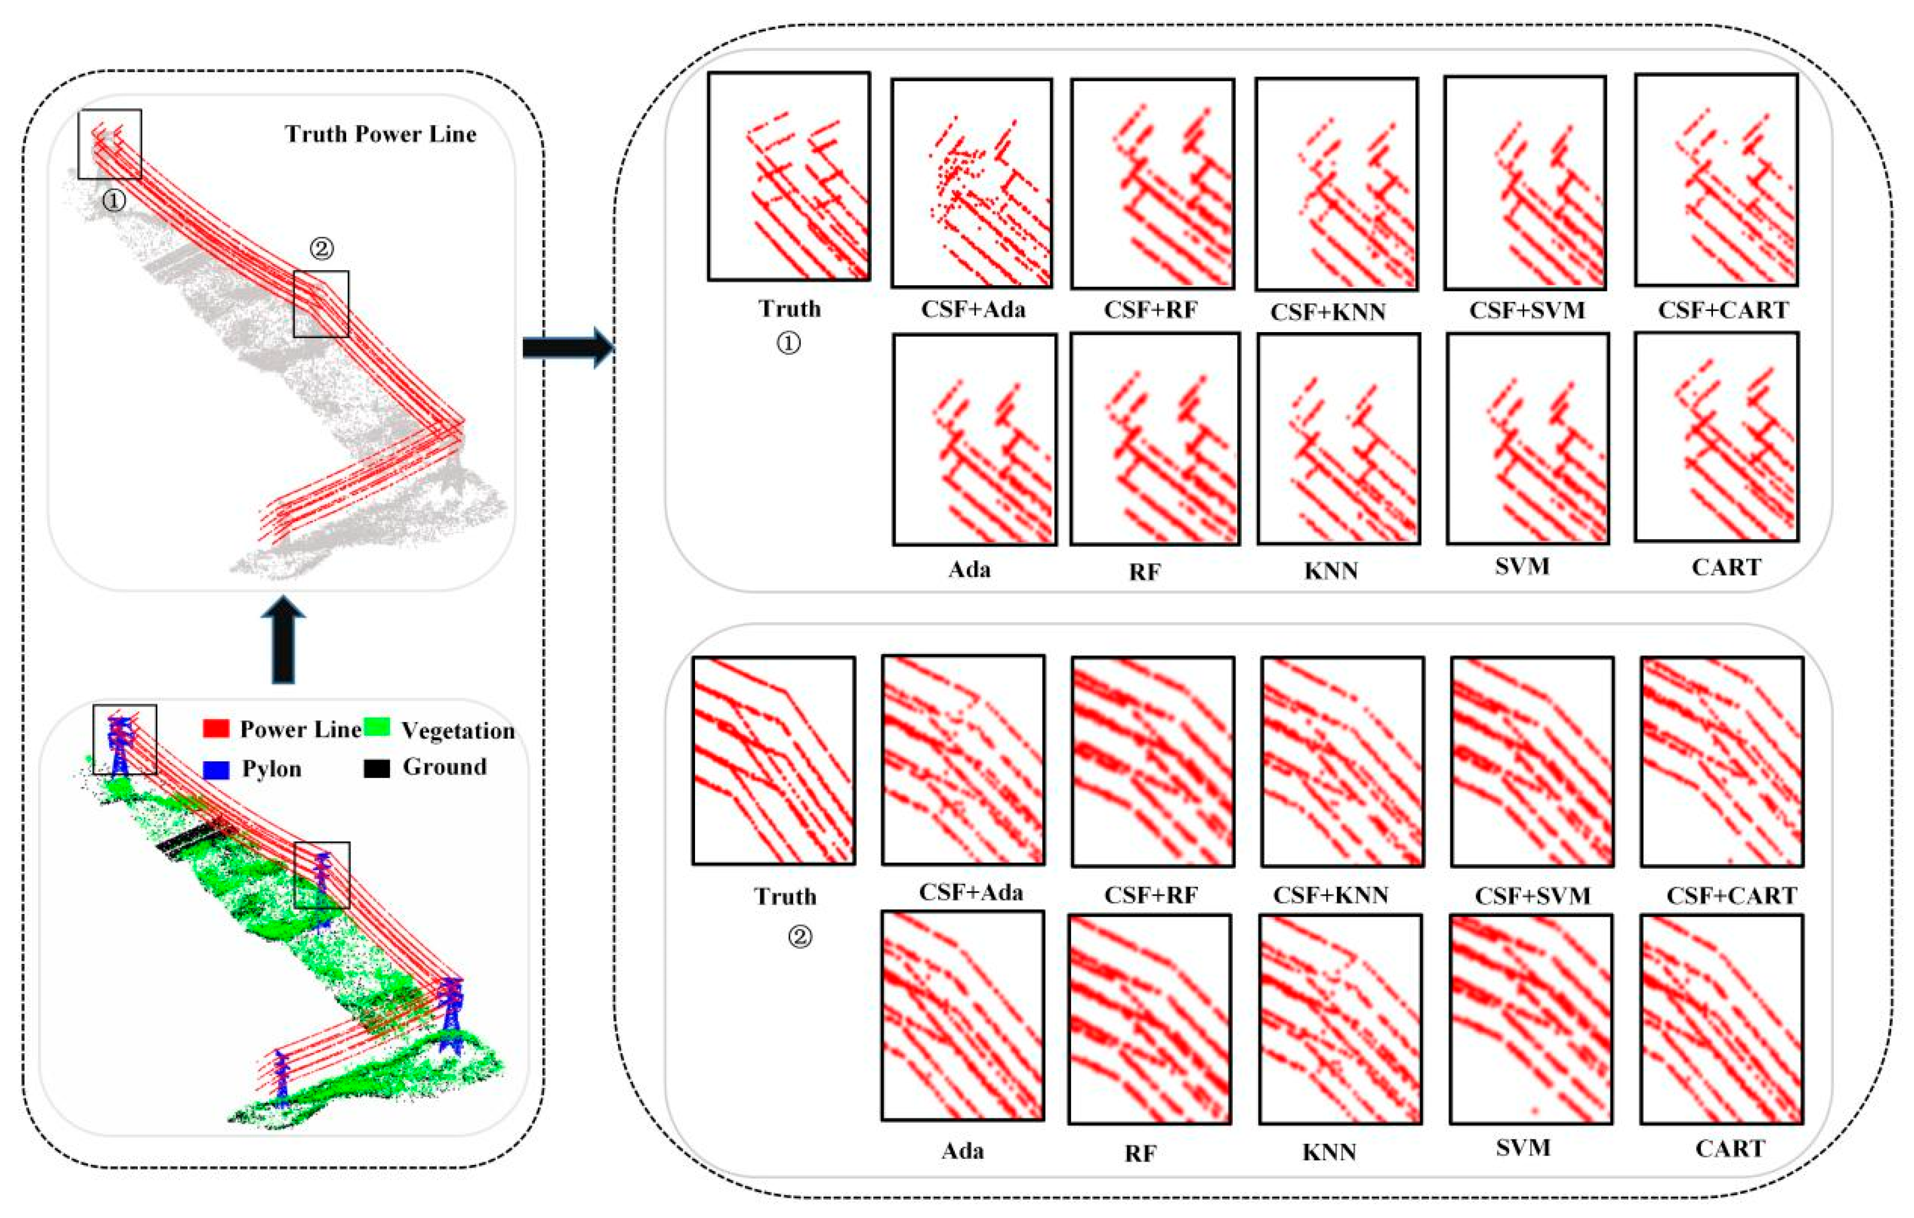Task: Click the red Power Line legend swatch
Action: (216, 729)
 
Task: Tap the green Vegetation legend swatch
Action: (377, 727)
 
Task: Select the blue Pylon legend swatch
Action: (216, 769)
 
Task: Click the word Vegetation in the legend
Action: (458, 730)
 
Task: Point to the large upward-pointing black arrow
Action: (283, 641)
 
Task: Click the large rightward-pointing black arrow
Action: (568, 347)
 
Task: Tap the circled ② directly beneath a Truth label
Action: (800, 937)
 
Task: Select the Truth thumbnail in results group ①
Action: (789, 177)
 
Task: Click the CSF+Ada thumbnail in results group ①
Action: (971, 183)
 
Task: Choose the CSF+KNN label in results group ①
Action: (1328, 312)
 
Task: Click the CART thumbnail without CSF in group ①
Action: (1717, 437)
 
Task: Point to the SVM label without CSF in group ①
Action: (1522, 566)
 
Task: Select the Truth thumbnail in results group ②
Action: (773, 760)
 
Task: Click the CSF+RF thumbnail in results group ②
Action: (1152, 761)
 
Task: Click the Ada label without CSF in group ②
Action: (963, 1150)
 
